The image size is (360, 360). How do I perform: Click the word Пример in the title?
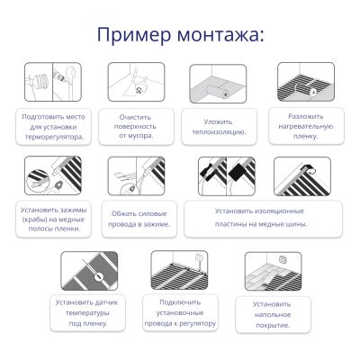pyautogui.click(x=134, y=34)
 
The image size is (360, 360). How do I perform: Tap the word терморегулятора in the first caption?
pyautogui.click(x=54, y=137)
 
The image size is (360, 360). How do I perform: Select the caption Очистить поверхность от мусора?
pyautogui.click(x=135, y=126)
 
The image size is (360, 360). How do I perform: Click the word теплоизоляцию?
pyautogui.click(x=219, y=132)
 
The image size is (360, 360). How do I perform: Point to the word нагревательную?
pyautogui.click(x=306, y=126)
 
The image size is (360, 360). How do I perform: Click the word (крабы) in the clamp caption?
pyautogui.click(x=33, y=220)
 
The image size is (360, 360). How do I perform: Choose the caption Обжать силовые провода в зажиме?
pyautogui.click(x=139, y=219)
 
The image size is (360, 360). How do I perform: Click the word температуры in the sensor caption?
pyautogui.click(x=87, y=313)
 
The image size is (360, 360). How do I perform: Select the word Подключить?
pyautogui.click(x=180, y=302)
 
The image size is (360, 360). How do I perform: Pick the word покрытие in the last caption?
pyautogui.click(x=273, y=326)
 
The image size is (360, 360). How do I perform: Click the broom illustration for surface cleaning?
pyautogui.click(x=132, y=83)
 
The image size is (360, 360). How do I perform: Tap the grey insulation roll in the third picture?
pyautogui.click(x=218, y=90)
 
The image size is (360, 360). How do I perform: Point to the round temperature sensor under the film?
pyautogui.click(x=98, y=276)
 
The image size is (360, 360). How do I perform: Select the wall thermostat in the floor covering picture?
pyautogui.click(x=283, y=259)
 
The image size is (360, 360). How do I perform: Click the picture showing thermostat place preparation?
pyautogui.click(x=53, y=82)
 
